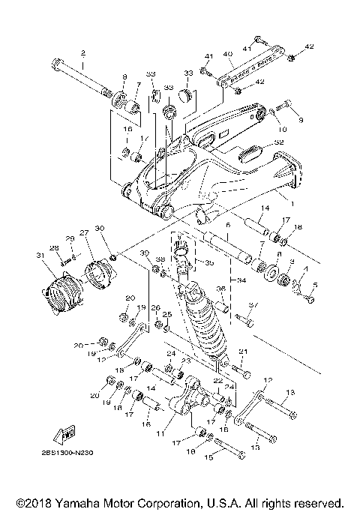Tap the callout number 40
pos(228,53)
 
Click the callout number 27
pos(84,232)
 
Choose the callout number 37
pos(252,305)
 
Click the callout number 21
pos(242,352)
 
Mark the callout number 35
pos(209,263)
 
